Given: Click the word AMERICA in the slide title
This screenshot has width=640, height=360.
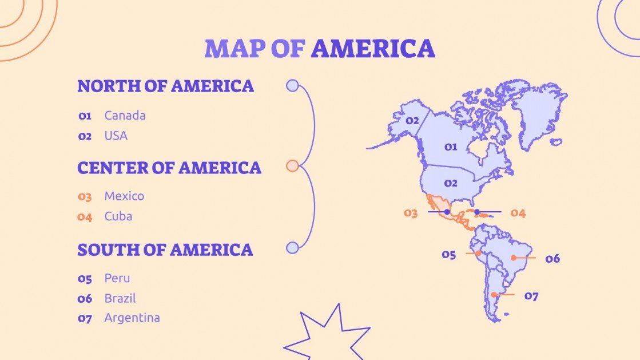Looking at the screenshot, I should (x=373, y=49).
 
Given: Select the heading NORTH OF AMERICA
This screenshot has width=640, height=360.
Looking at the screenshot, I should (x=165, y=86).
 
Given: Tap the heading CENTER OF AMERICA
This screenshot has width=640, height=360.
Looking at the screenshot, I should (x=169, y=168).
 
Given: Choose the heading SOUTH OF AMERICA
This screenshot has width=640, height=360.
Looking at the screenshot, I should (x=165, y=250).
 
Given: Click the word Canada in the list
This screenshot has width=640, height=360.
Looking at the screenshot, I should (x=125, y=116).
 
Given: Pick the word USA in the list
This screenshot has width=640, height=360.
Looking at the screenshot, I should (x=116, y=136).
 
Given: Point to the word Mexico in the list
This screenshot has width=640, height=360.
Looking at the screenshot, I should (x=124, y=196).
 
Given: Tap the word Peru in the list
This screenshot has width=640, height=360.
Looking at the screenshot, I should (x=117, y=279).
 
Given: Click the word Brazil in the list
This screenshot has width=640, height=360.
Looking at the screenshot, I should (x=120, y=299).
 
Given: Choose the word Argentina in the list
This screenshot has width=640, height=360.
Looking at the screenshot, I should (x=132, y=318).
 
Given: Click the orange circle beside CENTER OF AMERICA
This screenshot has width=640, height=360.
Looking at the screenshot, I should (x=292, y=166).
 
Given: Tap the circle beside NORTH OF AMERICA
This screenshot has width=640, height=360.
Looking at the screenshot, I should (x=292, y=86).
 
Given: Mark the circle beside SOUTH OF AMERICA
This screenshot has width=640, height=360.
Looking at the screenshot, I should (x=292, y=248).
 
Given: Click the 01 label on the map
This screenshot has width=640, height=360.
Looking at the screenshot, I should (x=451, y=147).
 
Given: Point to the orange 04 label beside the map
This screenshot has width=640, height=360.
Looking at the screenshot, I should (x=518, y=213).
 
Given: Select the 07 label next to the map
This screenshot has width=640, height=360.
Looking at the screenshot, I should (x=531, y=296).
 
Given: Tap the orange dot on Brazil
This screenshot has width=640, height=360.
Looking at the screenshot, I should (x=514, y=258).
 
